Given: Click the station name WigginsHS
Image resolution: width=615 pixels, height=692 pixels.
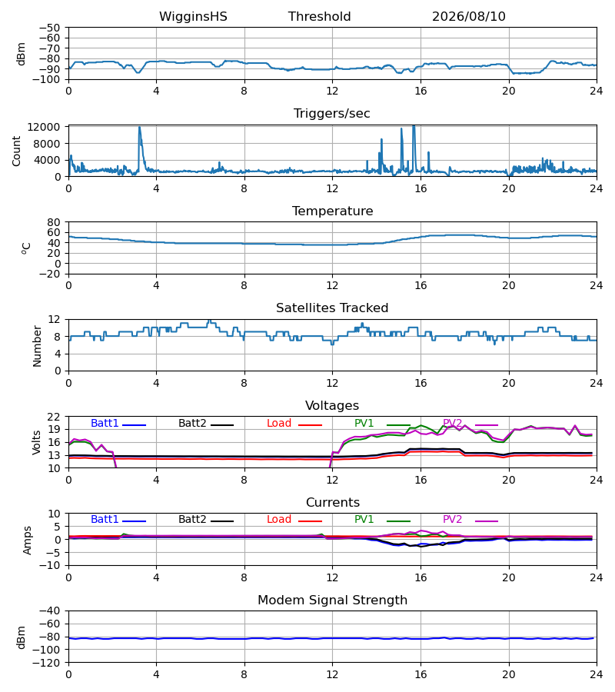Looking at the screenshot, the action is point(193,17).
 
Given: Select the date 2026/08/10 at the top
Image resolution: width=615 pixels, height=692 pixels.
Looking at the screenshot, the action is point(468,17).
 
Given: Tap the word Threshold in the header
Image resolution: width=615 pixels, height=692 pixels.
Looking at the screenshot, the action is point(319,17).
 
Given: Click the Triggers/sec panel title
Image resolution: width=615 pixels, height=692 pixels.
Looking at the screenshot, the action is point(332,114).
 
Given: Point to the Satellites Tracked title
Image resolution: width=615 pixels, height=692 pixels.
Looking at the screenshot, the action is point(332,308).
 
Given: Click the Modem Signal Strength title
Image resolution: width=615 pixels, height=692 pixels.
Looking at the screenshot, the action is point(332,601).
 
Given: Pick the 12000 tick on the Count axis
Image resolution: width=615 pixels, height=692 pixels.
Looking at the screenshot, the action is point(43,127).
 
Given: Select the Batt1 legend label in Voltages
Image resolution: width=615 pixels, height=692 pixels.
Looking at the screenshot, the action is point(105,423).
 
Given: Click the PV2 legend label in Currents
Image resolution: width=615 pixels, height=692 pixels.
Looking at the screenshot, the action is point(452,520).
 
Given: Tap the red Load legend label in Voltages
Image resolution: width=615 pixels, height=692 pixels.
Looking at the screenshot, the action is point(279,423).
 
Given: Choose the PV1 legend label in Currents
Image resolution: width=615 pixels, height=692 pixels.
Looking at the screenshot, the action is point(364,520).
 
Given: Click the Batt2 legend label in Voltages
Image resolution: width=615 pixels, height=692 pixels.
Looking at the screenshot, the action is point(192,423).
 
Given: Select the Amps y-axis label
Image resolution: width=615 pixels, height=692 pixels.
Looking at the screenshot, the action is point(27,541).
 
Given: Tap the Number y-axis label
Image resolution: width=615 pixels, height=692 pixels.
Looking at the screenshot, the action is point(37,346).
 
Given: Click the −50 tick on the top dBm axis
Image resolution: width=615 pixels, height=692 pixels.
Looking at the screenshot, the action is point(49,28).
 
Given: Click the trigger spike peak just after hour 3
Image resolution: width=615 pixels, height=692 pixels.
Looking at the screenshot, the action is point(139,127).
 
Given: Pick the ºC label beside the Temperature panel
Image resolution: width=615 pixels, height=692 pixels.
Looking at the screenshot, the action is point(26,248).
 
